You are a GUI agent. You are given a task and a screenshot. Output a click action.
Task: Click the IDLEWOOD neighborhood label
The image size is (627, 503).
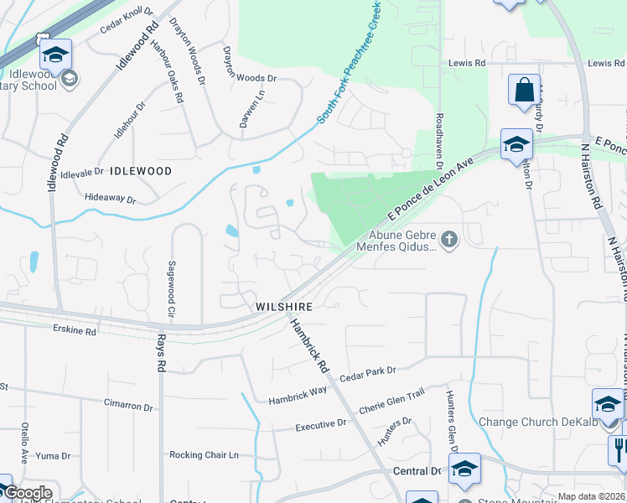coord(140,171)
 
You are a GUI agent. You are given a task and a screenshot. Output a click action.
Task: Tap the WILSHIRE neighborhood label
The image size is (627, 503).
coord(284,308)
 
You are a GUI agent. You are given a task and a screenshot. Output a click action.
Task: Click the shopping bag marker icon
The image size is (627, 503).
coord(524,91)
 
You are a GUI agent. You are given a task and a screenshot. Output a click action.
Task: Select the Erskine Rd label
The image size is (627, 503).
coord(75,332)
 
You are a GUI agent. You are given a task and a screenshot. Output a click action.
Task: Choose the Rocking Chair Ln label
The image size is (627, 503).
coord(205,455)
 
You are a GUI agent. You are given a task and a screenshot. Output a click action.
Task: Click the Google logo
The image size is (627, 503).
coord(28,493)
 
